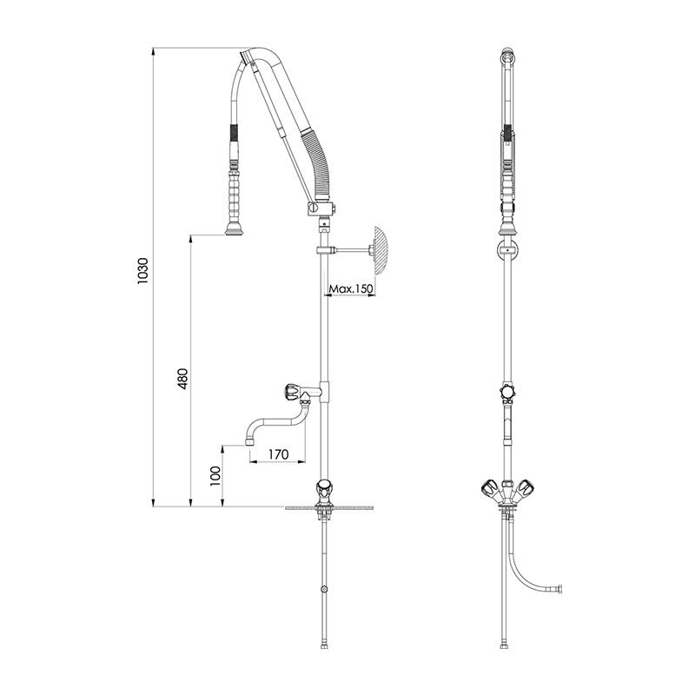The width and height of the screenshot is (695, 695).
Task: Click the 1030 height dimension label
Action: (143, 270)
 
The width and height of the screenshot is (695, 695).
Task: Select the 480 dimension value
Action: (182, 379)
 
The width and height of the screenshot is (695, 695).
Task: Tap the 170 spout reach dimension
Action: (278, 454)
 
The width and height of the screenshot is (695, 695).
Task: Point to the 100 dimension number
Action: (215, 476)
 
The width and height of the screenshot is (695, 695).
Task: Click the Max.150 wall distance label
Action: (351, 289)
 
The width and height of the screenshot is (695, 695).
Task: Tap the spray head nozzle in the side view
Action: (234, 229)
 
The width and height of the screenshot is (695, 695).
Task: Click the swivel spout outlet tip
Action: (249, 442)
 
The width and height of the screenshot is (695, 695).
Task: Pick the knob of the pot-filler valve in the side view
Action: (293, 392)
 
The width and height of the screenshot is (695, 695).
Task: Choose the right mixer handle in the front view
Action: (526, 488)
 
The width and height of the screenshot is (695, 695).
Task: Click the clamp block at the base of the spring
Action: (320, 208)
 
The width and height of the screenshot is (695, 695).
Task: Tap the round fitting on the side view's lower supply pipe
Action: (324, 590)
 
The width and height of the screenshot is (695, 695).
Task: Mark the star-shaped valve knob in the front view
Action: (507, 393)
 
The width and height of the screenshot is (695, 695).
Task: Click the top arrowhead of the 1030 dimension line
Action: (154, 51)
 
